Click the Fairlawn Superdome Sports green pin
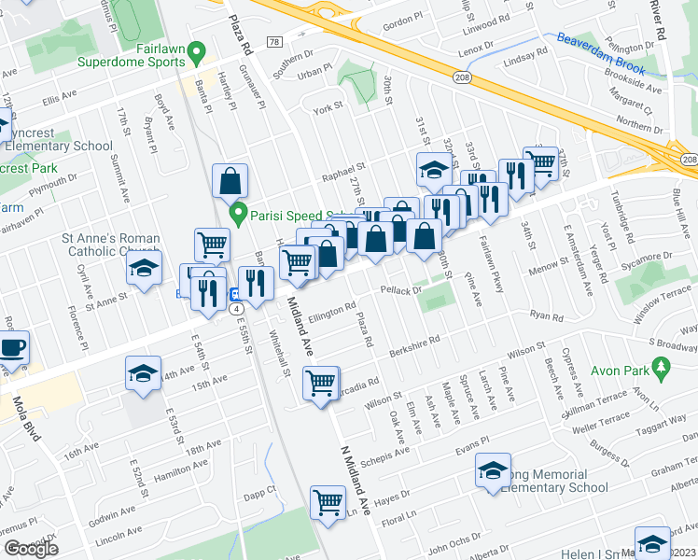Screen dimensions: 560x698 pyautogui.click(x=196, y=50)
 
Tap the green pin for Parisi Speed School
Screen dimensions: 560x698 pyautogui.click(x=239, y=215)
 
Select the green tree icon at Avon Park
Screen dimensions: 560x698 pyautogui.click(x=663, y=371)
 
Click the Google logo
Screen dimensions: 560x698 pyautogui.click(x=31, y=549)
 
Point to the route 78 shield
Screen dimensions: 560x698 pyautogui.click(x=273, y=42)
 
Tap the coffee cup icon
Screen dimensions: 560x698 pyautogui.click(x=12, y=348)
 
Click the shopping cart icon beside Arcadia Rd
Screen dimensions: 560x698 pyautogui.click(x=321, y=382)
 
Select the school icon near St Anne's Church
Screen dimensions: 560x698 pyautogui.click(x=143, y=269)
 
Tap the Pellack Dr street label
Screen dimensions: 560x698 pyautogui.click(x=402, y=290)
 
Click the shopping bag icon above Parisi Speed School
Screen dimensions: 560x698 pyautogui.click(x=230, y=180)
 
